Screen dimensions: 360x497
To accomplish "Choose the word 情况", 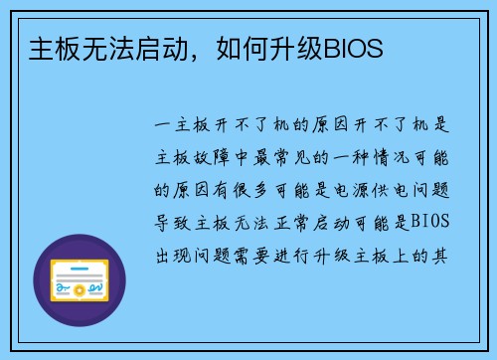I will coord(389,157).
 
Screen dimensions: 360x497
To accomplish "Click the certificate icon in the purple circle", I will coord(80,280).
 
